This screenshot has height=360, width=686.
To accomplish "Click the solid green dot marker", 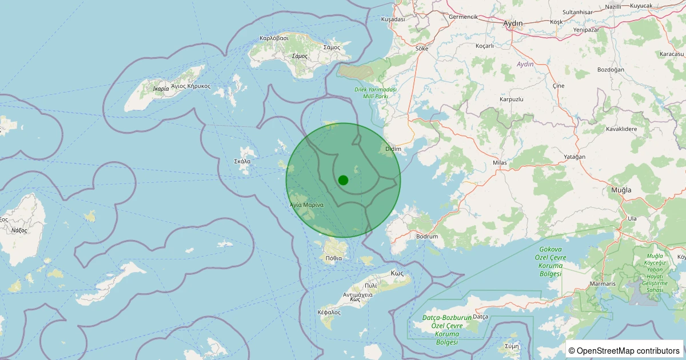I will (343, 180).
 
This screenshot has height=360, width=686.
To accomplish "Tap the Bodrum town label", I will (427, 237).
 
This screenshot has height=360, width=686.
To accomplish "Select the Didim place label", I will (393, 149).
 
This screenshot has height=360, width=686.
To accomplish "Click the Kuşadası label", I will (393, 19).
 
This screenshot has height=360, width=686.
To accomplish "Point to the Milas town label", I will (500, 163).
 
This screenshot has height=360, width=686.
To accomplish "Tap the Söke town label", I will (422, 49).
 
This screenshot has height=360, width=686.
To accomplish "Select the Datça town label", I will (480, 317).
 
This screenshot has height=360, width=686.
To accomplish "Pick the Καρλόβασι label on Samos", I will (274, 38).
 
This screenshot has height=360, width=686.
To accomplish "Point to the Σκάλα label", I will (242, 161).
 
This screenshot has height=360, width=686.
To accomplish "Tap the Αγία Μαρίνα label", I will (306, 205).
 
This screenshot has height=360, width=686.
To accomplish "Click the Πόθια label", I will (333, 258).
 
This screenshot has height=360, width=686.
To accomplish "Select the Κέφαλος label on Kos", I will (329, 313).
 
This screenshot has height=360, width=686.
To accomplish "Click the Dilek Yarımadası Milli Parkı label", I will (376, 93).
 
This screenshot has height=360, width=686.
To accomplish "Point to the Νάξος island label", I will (19, 230).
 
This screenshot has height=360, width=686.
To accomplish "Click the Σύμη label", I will (512, 346).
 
